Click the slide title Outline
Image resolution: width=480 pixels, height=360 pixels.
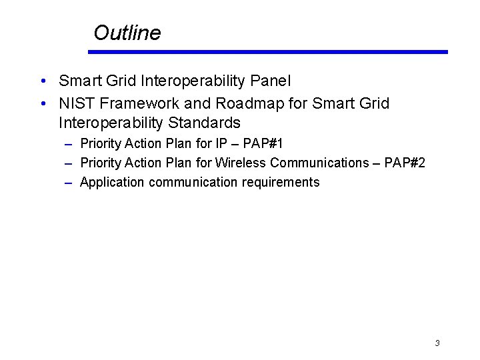click(127, 33)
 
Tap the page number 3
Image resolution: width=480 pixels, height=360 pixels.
click(437, 343)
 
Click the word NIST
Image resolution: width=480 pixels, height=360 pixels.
click(77, 104)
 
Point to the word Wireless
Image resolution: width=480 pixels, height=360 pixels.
click(241, 163)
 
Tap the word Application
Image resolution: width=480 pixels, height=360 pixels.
click(112, 182)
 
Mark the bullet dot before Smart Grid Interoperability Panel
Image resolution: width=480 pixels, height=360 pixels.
click(42, 82)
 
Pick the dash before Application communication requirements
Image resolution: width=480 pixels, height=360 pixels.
click(69, 183)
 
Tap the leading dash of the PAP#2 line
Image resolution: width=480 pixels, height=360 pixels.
click(69, 163)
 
